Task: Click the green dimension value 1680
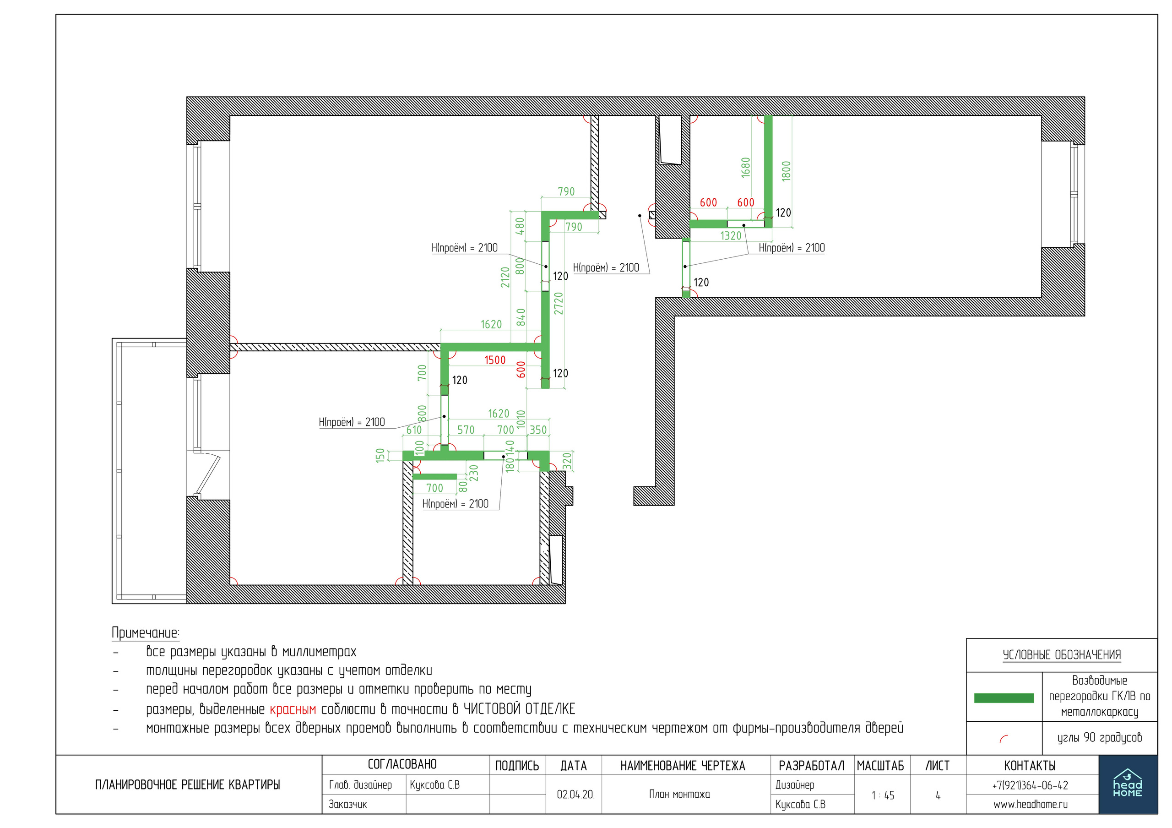click(746, 168)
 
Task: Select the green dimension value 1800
click(786, 171)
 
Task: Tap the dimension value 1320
click(731, 235)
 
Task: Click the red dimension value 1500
click(494, 360)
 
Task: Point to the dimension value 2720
click(559, 303)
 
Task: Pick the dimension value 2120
click(505, 277)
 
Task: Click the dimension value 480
click(520, 226)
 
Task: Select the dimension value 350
click(538, 430)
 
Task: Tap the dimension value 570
click(466, 430)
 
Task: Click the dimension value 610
click(414, 430)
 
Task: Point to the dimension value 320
click(567, 462)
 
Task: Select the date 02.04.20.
click(575, 794)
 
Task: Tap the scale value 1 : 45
click(883, 795)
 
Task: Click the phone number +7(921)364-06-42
click(1030, 785)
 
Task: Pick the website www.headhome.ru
click(1030, 805)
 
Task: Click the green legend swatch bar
click(1004, 698)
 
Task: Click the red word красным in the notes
click(293, 709)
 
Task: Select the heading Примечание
click(146, 633)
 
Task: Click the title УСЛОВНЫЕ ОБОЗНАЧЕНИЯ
click(1062, 655)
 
